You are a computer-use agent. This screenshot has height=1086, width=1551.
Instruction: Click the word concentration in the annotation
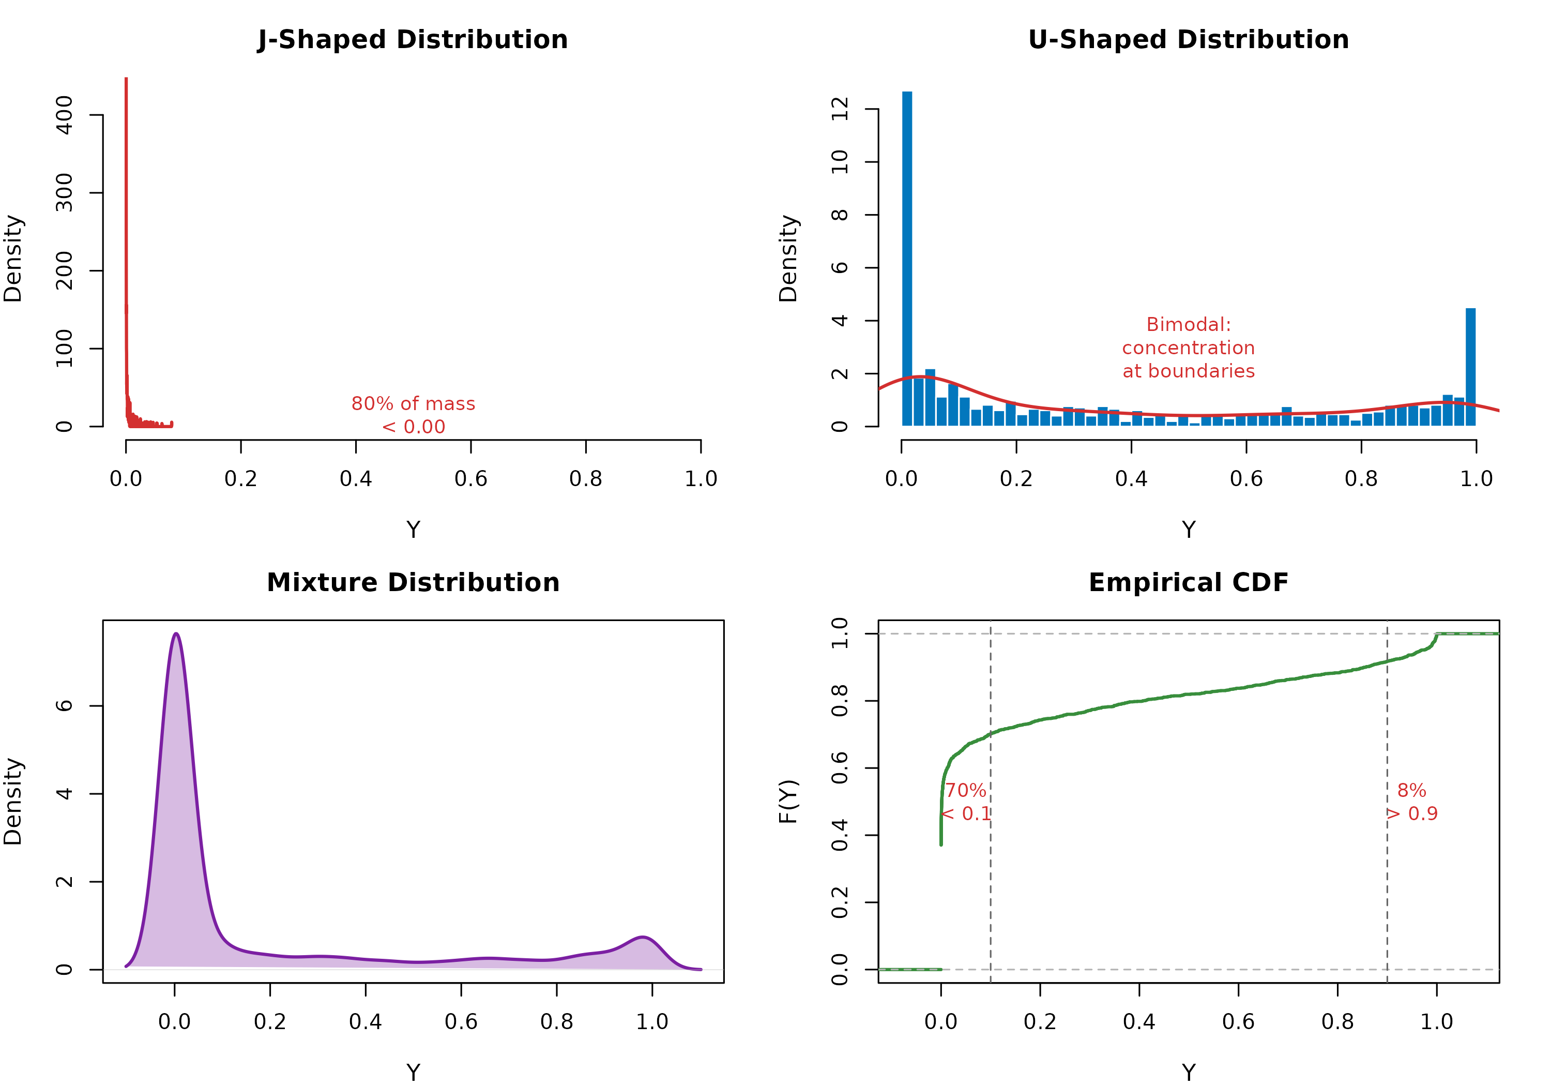click(x=1188, y=348)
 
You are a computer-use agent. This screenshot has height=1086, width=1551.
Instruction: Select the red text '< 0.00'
click(x=414, y=427)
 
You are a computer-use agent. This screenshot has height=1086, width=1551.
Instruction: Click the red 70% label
click(x=965, y=791)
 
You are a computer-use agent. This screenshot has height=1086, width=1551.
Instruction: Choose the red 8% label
click(x=1411, y=791)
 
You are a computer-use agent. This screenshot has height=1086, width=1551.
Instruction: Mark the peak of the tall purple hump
click(x=176, y=634)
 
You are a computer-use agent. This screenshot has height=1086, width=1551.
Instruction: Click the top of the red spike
click(x=126, y=80)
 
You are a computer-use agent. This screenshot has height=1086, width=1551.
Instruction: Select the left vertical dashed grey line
click(x=991, y=879)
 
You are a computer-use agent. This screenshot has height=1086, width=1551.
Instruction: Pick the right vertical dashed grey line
click(x=1387, y=879)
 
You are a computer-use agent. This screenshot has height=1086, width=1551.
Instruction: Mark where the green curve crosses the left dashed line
click(x=991, y=733)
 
